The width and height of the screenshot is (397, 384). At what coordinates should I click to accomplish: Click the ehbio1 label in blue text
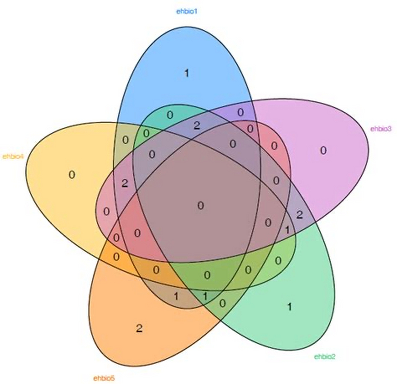point(187,12)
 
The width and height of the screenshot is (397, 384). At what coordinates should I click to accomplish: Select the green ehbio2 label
point(325,357)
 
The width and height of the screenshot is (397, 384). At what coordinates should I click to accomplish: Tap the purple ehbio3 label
point(381,129)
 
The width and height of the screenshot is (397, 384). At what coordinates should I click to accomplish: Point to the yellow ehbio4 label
point(13,156)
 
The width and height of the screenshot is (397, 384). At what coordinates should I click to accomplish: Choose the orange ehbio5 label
point(104,378)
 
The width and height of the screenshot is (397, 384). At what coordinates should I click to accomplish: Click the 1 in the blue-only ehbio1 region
point(186,73)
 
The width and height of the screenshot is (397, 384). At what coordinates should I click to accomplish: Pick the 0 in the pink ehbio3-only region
point(323,150)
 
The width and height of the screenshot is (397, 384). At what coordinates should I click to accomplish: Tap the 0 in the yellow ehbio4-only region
point(71,175)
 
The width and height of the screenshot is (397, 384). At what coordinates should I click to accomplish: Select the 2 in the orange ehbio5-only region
point(139,328)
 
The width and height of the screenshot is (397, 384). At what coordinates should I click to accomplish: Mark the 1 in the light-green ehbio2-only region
point(289,307)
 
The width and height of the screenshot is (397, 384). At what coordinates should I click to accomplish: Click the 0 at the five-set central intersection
point(201,205)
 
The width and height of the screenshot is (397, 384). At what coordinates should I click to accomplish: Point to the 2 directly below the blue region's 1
point(196,126)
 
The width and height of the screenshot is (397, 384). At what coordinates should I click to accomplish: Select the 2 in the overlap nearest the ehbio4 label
point(125,183)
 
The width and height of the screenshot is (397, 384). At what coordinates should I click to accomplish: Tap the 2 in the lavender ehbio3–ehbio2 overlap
point(299,214)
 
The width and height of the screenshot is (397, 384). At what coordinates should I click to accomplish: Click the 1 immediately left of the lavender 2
point(287,230)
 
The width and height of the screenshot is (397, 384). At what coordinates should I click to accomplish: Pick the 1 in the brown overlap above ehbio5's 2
point(176,296)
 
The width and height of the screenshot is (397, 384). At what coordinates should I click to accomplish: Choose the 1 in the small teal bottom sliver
point(205,296)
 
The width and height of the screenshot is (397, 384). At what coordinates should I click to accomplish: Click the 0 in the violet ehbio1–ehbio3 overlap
point(241,112)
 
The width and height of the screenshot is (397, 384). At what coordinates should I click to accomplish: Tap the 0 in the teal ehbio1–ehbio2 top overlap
point(170,115)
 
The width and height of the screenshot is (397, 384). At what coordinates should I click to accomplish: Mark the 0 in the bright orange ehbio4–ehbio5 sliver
point(116,257)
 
